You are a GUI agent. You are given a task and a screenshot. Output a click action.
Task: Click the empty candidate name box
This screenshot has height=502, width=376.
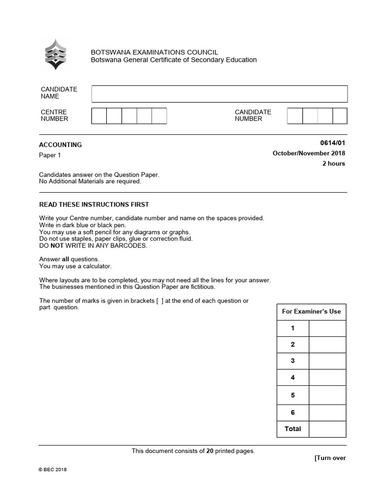click(x=219, y=94)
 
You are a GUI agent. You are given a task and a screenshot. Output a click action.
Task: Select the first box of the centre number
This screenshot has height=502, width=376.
click(x=99, y=116)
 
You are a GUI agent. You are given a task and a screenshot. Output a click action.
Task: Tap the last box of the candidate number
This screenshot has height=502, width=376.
click(x=340, y=116)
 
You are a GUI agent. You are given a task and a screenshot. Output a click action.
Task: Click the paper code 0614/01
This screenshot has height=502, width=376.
click(x=332, y=143)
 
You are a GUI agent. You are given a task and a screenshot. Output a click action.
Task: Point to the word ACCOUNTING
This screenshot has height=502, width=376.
click(x=60, y=145)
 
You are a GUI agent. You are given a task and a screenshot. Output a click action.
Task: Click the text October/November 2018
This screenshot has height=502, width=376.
click(x=308, y=153)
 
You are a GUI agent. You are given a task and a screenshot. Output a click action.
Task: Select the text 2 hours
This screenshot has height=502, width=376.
click(x=333, y=163)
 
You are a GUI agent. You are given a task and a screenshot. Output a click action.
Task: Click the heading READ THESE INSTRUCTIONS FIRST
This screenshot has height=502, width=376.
click(x=94, y=204)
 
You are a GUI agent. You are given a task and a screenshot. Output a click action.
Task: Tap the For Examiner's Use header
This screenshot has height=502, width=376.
click(x=311, y=311)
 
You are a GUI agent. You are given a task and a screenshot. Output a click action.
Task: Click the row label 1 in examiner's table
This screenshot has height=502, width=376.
click(x=293, y=328)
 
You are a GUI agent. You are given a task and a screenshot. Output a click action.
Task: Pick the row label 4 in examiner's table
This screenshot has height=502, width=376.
click(x=293, y=378)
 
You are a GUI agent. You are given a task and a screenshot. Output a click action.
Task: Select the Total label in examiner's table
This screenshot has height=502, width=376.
click(x=293, y=428)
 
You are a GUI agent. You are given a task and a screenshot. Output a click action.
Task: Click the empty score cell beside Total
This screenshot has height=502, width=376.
click(x=327, y=428)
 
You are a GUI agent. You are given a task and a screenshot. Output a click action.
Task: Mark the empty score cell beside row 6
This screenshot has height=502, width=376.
click(x=327, y=412)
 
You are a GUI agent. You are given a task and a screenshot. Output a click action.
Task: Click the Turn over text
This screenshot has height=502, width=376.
click(x=330, y=458)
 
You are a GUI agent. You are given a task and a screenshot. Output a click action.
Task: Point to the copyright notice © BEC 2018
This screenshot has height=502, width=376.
click(x=52, y=470)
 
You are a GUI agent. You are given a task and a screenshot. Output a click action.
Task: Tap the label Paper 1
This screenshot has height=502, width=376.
click(x=49, y=155)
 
